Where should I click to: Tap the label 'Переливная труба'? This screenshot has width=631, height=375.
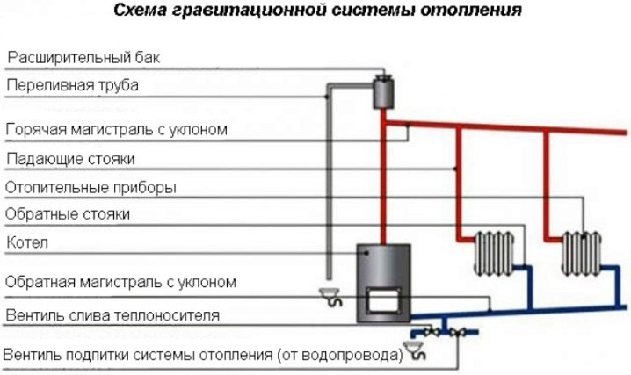point(72,85)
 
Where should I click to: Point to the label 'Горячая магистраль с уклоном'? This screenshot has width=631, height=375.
point(117,129)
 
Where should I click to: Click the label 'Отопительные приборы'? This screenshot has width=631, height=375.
point(91,187)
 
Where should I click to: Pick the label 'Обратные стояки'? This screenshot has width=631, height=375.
point(68,213)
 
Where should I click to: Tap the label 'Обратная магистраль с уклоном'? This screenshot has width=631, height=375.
point(121,283)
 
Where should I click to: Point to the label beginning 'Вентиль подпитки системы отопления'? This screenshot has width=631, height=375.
point(203,355)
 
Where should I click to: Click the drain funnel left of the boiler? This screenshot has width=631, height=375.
point(330,296)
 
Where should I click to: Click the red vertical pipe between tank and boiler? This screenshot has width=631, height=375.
point(384,176)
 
